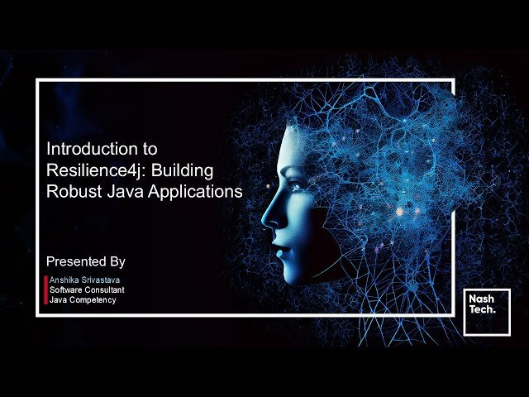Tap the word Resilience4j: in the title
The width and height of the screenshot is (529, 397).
[90, 170]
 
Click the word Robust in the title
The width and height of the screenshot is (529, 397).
[72, 191]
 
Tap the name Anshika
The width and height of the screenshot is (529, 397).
[65, 280]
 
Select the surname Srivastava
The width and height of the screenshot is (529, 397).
[102, 280]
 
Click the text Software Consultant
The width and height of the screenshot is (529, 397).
[87, 290]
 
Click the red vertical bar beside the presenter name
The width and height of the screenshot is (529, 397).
[45, 289]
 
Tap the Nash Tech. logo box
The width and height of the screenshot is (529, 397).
[487, 312]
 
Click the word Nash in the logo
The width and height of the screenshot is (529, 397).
[482, 298]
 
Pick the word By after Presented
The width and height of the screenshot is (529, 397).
[117, 261]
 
